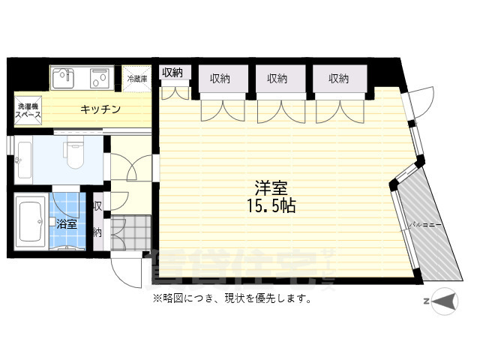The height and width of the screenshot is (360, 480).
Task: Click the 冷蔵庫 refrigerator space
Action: point(137,78)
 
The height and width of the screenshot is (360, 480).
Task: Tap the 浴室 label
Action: point(66,224)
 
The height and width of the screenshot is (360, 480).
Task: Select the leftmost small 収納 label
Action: point(172,73)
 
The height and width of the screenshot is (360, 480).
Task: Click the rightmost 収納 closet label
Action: point(338,78)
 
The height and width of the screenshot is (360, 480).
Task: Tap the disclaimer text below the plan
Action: point(232,298)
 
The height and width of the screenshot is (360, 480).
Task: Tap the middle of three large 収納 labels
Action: point(277,78)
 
